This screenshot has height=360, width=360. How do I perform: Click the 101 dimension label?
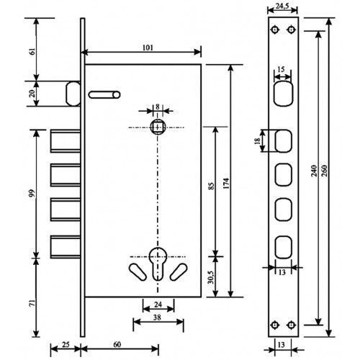tap(148, 48)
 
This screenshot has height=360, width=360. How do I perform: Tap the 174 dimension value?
tap(226, 183)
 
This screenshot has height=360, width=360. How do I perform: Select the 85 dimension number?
tap(211, 186)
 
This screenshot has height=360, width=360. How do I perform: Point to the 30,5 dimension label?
tap(211, 276)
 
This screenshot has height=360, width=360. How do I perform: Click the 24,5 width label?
tap(282, 6)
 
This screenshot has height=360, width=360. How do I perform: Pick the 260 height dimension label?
tap(324, 171)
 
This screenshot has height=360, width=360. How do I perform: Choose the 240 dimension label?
tap(314, 171)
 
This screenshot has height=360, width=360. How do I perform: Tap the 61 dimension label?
tap(32, 52)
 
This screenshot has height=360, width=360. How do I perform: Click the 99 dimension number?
tap(32, 193)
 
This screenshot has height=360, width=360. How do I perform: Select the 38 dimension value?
tap(157, 318)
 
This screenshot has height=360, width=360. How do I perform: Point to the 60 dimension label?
tap(117, 344)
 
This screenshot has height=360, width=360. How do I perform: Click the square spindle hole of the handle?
tap(157, 127)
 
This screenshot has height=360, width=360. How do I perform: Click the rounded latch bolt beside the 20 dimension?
tap(73, 94)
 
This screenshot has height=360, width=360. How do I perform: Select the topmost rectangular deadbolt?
tap(66, 141)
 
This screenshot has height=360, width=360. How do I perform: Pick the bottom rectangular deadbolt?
tap(66, 247)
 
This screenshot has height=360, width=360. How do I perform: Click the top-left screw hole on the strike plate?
tap(275, 30)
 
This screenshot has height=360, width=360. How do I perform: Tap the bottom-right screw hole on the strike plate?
tap(291, 325)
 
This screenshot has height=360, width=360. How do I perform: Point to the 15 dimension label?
tap(281, 69)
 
